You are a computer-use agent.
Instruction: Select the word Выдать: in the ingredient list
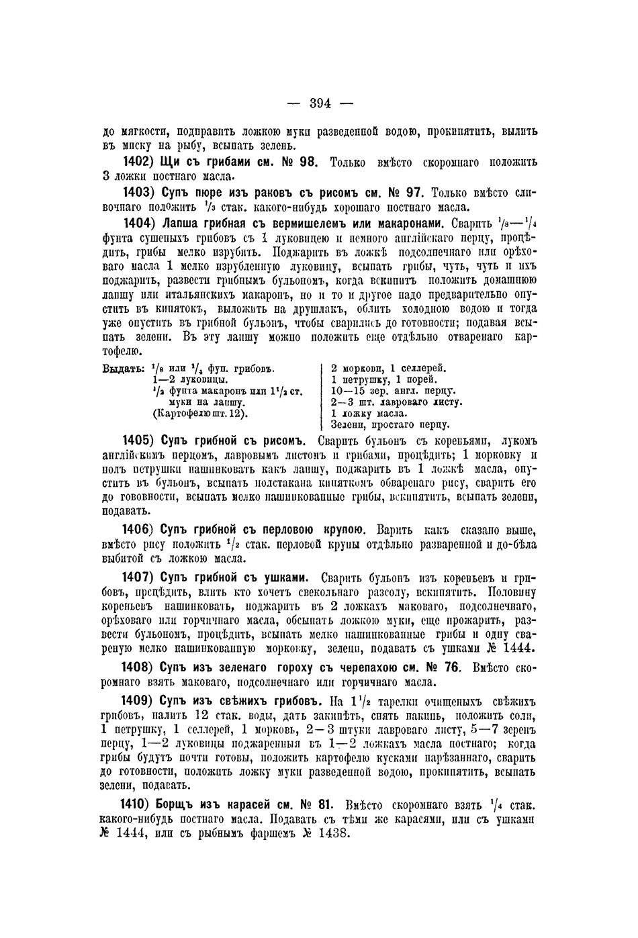click(x=123, y=369)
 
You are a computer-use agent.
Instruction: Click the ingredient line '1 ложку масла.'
click(x=370, y=414)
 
